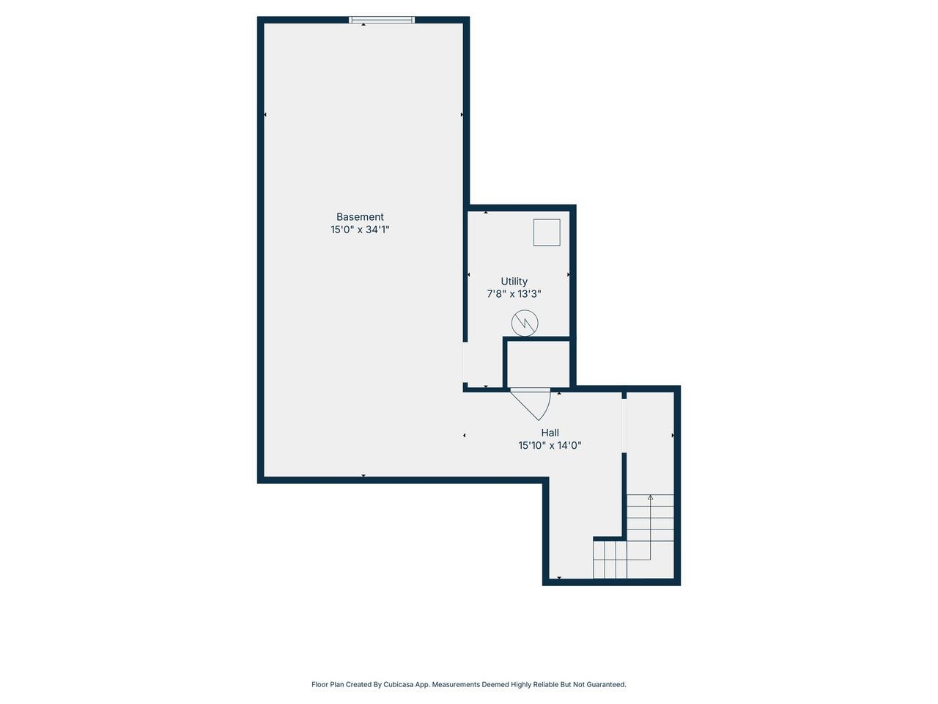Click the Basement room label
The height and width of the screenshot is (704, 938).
(360, 217)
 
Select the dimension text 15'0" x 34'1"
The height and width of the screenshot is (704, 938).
(360, 230)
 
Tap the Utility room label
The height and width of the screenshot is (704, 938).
(514, 282)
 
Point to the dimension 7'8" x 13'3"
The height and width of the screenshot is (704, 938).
(514, 294)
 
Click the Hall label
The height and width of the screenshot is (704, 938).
(550, 433)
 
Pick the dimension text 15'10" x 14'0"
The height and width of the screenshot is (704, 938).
(550, 445)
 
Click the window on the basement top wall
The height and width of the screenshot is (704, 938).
(381, 20)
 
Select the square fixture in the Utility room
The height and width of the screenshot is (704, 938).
(546, 232)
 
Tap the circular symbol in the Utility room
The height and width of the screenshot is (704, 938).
(525, 323)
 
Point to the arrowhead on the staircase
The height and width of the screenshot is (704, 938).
(650, 497)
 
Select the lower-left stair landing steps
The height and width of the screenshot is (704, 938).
(610, 560)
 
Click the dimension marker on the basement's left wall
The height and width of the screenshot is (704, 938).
(265, 114)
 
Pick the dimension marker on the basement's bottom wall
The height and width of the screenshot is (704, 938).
(363, 476)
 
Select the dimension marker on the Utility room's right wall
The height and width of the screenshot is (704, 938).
(569, 274)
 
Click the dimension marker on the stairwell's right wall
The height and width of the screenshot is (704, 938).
(673, 436)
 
